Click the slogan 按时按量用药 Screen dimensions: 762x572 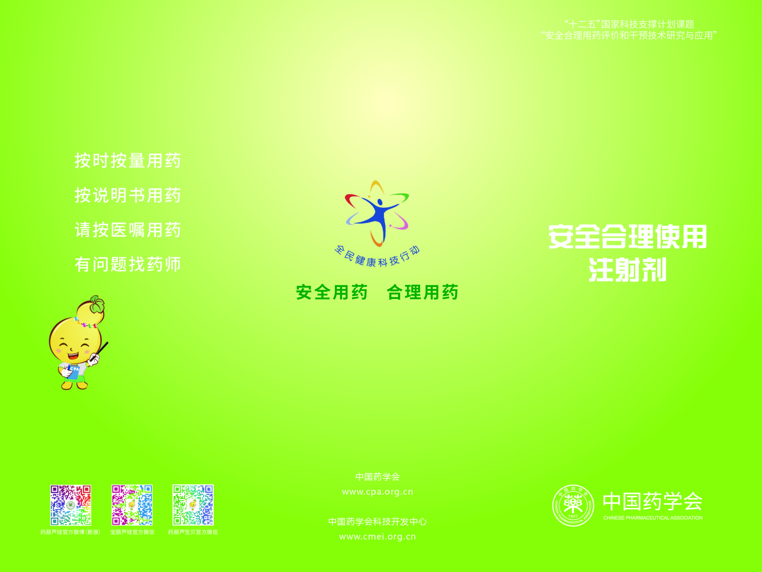tap(127, 161)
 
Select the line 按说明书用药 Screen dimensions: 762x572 tap(127, 195)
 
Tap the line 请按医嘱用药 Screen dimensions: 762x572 tap(127, 230)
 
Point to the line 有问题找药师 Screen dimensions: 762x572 tap(127, 264)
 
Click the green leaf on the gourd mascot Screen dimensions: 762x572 tap(97, 304)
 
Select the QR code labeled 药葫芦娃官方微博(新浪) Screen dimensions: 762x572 tap(71, 505)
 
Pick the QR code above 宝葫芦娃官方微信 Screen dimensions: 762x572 tap(132, 505)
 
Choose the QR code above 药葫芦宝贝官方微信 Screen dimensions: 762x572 tap(193, 505)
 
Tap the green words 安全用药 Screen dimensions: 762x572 tap(332, 292)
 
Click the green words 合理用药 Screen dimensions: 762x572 tap(422, 292)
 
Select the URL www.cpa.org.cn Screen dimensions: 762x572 tap(378, 492)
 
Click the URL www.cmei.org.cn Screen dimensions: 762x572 tap(378, 537)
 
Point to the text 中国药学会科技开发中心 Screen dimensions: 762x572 tap(378, 522)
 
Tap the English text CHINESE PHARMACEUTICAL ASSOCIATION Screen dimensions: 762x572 tap(653, 518)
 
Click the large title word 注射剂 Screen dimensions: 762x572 tap(628, 269)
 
